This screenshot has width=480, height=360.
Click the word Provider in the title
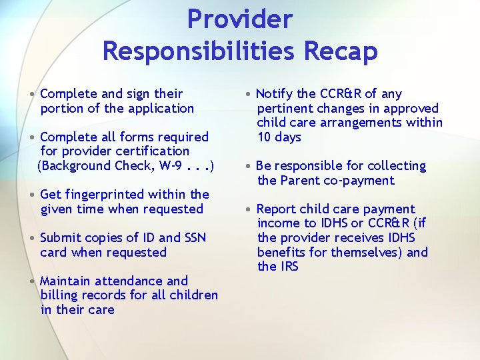pos(240,19)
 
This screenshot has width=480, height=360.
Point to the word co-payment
pos(363,180)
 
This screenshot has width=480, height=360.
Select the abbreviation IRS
pos(287,267)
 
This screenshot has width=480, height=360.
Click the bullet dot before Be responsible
pos(249,166)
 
